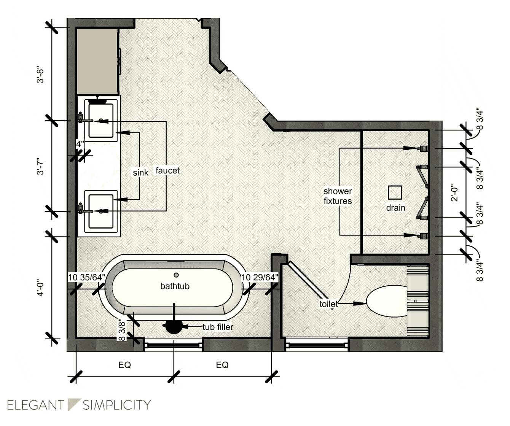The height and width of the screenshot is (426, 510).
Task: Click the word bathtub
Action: pos(175,286)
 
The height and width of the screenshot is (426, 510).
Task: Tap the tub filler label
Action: pos(218,327)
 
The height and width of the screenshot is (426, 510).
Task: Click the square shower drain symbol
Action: pos(395,192)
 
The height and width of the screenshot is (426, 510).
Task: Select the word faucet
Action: pos(167,170)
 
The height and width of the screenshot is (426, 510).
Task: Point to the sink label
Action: pos(140,173)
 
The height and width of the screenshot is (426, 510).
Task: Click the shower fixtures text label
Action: pos(338,196)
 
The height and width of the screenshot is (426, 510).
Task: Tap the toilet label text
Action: pos(328,304)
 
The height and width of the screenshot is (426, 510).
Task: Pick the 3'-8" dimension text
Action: pos(40,76)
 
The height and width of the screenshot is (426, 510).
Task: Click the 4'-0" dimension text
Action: pos(40,289)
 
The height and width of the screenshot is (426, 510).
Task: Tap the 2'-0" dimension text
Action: pos(454,193)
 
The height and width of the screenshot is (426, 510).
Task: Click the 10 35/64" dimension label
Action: pos(86,277)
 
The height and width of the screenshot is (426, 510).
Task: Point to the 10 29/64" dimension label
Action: pos(260,277)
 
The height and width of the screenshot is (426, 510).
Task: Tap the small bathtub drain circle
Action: pos(176,275)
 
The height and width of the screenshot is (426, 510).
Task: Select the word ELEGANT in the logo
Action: pos(36,405)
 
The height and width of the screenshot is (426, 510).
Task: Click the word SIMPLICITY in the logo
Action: pos(117,405)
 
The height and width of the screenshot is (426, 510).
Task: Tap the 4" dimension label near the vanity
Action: pos(80,144)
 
